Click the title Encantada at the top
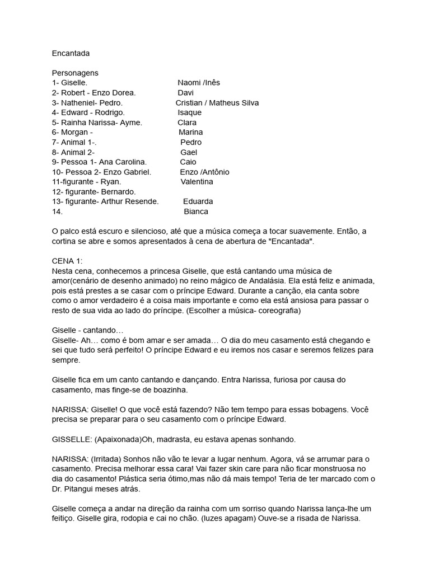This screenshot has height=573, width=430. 71,53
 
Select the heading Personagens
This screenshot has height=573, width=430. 75,73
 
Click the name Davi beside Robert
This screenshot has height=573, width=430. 185,93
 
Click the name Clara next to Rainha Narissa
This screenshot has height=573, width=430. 187,123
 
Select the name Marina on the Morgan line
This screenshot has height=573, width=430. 191,133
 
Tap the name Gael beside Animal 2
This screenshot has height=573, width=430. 189,152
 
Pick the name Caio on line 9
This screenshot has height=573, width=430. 188,162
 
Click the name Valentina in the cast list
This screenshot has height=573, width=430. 197,182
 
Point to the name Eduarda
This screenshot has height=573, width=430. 198,201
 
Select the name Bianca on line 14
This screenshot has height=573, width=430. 196,212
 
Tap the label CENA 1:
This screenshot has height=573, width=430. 67,261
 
